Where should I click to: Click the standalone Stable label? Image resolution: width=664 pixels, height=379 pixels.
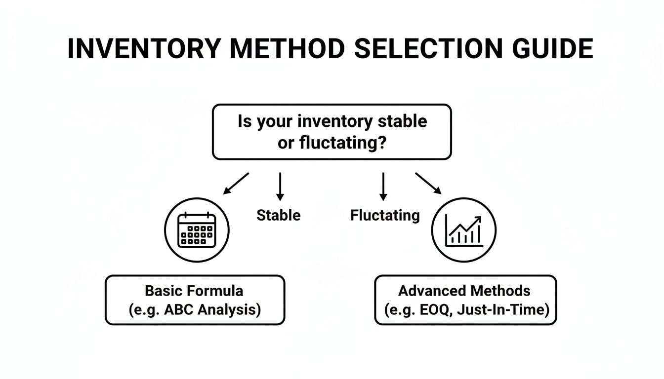tap(278, 215)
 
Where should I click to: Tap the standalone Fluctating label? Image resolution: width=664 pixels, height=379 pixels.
tap(385, 215)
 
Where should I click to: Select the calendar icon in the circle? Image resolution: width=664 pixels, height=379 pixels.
tap(197, 230)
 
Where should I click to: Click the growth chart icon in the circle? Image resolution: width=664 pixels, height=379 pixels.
tap(464, 230)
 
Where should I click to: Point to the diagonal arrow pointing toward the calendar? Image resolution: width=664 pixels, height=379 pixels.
tap(236, 183)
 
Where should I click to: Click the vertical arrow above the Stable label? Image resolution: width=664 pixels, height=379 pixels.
tap(280, 187)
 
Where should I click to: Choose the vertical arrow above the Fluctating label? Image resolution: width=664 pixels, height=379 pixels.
tap(383, 187)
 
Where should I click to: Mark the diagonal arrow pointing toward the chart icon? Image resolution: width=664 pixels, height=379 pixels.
tap(428, 183)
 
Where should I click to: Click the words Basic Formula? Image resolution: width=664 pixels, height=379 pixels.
tap(194, 290)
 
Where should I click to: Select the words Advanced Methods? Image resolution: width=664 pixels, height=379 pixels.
tap(464, 290)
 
